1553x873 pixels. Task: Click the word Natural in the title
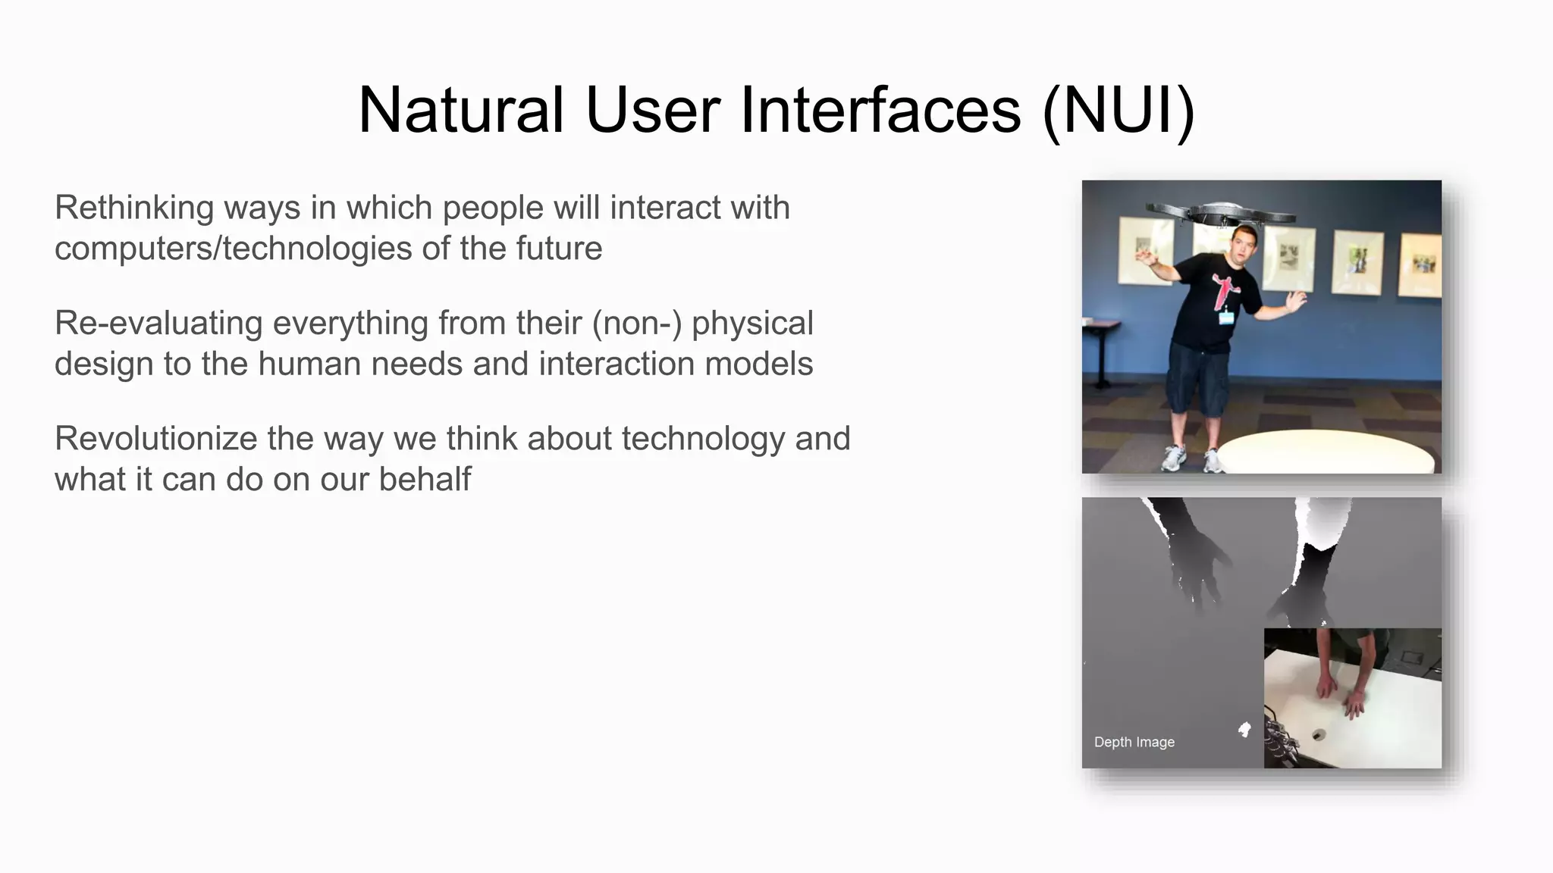460,110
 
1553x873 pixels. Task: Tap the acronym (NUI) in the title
1118,110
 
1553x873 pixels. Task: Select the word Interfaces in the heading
880,110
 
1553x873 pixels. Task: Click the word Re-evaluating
158,324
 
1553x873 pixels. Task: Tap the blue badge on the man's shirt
1226,317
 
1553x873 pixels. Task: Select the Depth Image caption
1134,742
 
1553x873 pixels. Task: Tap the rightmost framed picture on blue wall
1419,264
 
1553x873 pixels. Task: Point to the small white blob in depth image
1244,730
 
